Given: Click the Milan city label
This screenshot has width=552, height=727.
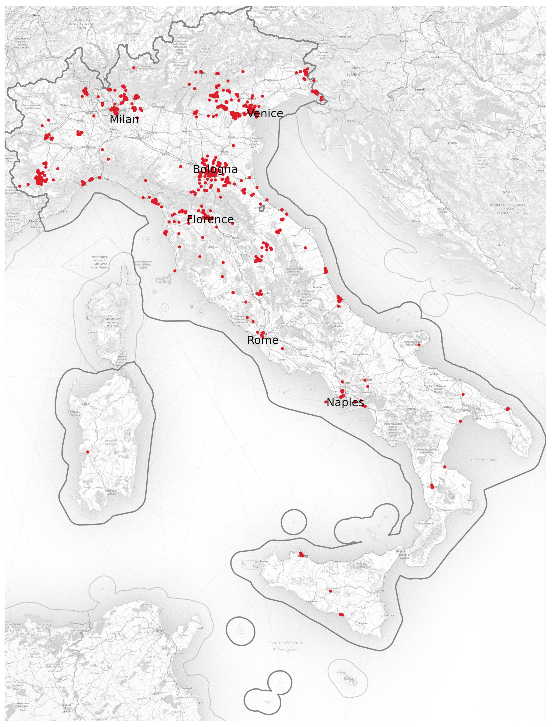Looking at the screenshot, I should pyautogui.click(x=124, y=119).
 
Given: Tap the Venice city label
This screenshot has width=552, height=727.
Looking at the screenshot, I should pyautogui.click(x=265, y=113).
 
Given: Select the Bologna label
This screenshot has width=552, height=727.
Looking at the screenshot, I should pyautogui.click(x=215, y=169).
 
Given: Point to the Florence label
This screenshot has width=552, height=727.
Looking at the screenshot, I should pyautogui.click(x=210, y=220).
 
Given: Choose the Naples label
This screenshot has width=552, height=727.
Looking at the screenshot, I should pyautogui.click(x=345, y=402).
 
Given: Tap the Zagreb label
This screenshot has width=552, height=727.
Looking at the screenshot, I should pyautogui.click(x=420, y=89).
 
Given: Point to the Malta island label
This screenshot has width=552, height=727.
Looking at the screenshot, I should pyautogui.click(x=348, y=678).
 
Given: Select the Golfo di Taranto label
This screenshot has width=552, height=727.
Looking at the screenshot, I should pyautogui.click(x=484, y=460).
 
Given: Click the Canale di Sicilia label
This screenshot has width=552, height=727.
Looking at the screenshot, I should pyautogui.click(x=286, y=643).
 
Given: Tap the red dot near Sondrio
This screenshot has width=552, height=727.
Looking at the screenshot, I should pyautogui.click(x=134, y=68).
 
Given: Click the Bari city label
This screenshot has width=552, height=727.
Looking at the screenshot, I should pyautogui.click(x=459, y=380).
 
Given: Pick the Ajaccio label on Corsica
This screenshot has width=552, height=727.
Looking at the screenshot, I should pyautogui.click(x=94, y=332).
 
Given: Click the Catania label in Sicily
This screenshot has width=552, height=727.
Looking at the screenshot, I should pyautogui.click(x=379, y=591).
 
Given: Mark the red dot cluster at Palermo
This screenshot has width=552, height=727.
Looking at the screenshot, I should pyautogui.click(x=301, y=555).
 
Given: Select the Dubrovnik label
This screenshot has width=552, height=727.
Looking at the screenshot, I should pyautogui.click(x=514, y=288).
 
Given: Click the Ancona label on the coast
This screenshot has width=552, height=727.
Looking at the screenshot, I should pyautogui.click(x=309, y=228).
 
